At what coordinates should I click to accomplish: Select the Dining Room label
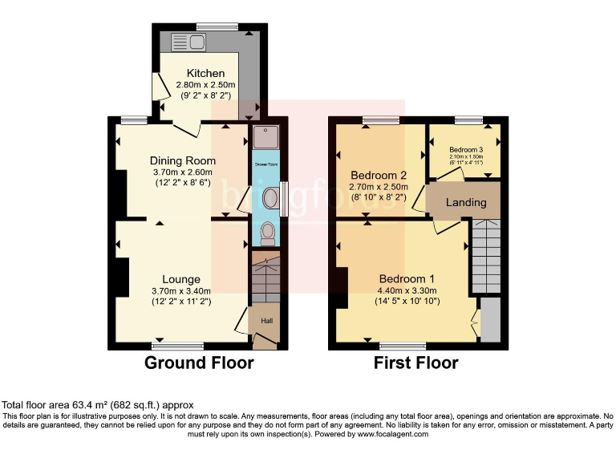(x=182, y=160)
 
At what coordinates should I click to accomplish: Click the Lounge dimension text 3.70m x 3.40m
(x=181, y=291)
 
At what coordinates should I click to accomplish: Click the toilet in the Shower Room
(x=266, y=233)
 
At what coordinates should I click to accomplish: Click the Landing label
(x=466, y=202)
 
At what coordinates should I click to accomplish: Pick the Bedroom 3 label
(x=465, y=149)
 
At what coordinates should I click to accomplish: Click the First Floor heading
(x=415, y=363)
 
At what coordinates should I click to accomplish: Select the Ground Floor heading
(x=199, y=363)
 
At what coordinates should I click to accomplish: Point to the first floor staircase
(x=485, y=255)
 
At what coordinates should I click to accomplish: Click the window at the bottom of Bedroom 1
(x=403, y=346)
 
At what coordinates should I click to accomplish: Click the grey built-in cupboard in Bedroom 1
(x=489, y=318)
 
